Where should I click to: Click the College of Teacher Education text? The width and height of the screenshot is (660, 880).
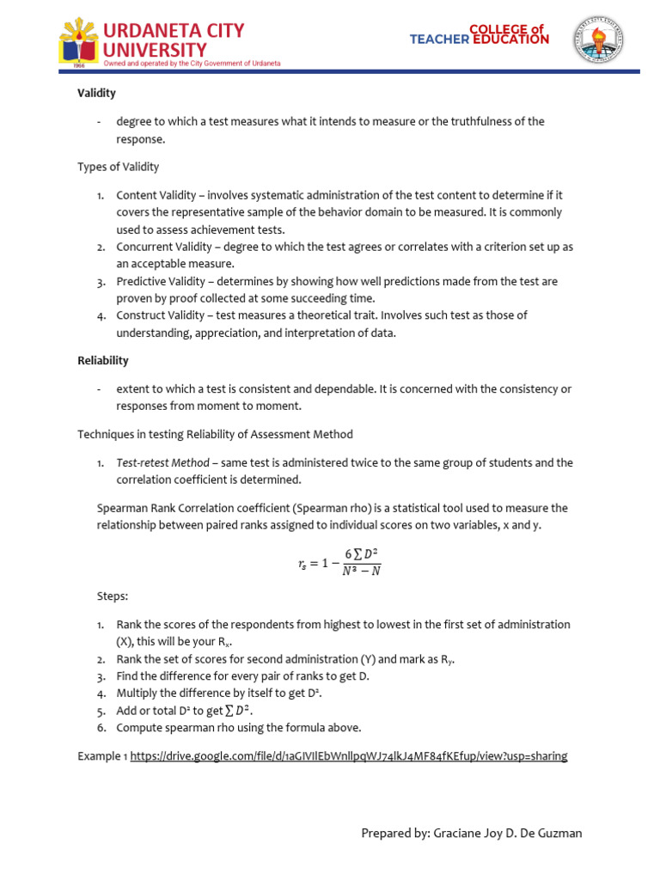point(479,34)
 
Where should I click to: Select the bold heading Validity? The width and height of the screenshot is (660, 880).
point(96,93)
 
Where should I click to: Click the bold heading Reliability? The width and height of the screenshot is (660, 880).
point(103,361)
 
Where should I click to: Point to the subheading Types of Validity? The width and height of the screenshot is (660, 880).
point(118,167)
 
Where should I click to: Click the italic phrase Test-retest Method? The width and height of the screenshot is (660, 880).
point(163,462)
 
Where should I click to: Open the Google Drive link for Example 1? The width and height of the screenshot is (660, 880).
point(348,756)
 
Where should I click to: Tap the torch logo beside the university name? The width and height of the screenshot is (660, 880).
point(79,41)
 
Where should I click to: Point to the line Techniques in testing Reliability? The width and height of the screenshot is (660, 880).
point(215,435)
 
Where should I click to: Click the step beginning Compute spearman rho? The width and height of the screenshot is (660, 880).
point(239,728)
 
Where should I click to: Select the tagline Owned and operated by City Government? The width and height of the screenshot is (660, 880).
point(191,64)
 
